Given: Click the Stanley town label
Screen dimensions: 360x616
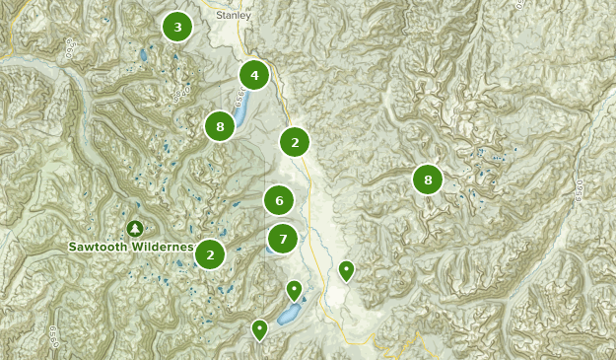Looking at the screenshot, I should tap(234, 16).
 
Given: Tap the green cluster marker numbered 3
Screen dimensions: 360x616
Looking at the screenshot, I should tap(177, 27).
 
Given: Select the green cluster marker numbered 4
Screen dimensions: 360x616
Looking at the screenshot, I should tap(254, 75).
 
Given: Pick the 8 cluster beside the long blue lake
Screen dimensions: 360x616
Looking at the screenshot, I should tap(220, 126).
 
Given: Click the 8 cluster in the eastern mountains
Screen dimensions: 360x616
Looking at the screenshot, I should tap(428, 180).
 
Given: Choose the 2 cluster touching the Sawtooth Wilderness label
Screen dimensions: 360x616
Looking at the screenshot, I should tap(210, 253).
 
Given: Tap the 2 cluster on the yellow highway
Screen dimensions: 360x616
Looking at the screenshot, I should tap(295, 142).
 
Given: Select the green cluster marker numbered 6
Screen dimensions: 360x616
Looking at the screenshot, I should tap(279, 200).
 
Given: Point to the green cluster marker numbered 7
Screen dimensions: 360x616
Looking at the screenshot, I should tap(283, 238).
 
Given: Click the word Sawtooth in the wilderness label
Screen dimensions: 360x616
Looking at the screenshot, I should tap(102, 247).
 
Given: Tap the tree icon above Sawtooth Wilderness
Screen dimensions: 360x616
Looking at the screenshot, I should tap(135, 229).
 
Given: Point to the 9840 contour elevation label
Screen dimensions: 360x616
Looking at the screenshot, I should tap(180, 95).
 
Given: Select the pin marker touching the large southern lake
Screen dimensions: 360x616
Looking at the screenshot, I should tap(294, 290).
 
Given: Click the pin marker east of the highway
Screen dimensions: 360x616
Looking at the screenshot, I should tap(346, 269).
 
